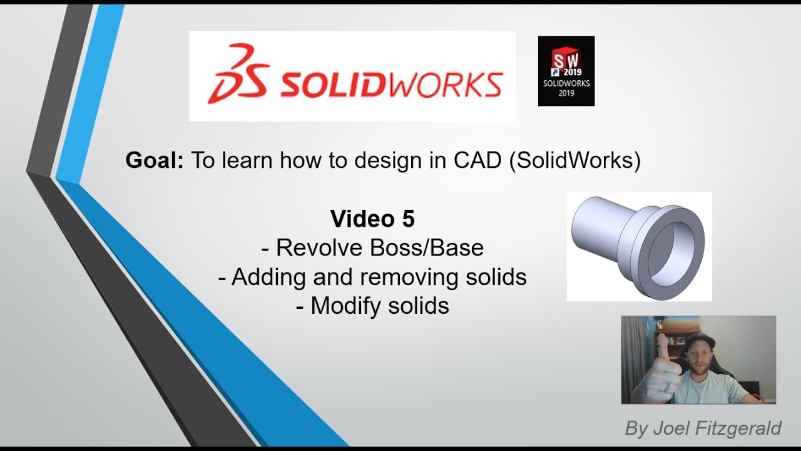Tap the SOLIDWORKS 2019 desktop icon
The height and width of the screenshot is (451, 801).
point(566,71)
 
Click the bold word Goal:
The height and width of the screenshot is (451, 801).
point(155,161)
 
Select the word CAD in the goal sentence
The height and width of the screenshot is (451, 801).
point(477,161)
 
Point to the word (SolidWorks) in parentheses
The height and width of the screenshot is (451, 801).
point(575,161)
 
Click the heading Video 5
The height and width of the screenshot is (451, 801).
point(372,219)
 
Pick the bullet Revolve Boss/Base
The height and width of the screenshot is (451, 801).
point(372,248)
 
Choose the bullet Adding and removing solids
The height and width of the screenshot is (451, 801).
point(372,277)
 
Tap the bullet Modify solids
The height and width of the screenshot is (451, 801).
point(372,306)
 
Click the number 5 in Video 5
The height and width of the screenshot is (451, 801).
point(407,219)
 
